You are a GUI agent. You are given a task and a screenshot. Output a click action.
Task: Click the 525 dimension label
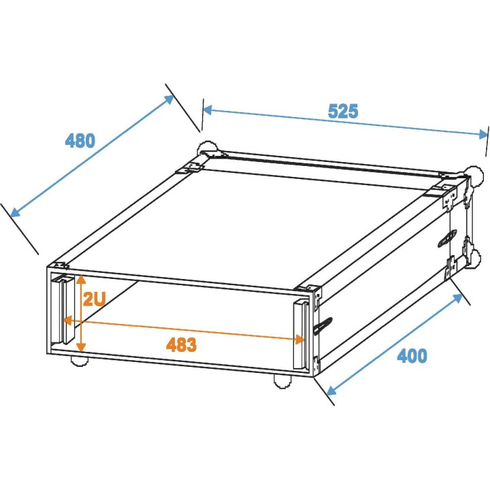343,111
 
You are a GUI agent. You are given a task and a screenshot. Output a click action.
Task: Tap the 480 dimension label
80,141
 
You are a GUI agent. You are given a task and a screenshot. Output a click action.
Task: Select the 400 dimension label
412,355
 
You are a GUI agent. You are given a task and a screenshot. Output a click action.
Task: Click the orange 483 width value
181,344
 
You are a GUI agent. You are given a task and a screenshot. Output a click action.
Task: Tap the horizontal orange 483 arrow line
184,327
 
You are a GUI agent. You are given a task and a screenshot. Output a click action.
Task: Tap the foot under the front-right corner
281,381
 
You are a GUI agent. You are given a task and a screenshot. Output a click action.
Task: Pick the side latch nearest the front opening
323,326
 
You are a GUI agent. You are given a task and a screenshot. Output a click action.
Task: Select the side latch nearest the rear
447,238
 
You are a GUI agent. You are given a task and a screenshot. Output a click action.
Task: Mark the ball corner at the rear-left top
207,149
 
